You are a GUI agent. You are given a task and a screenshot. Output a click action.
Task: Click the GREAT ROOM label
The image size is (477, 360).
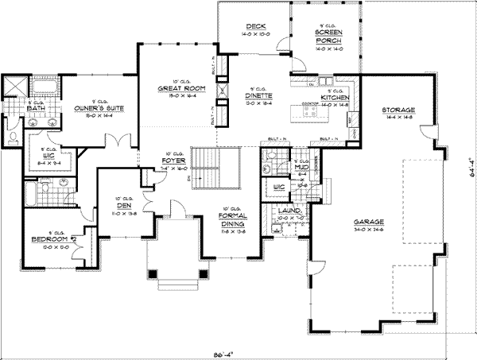tap(171, 89)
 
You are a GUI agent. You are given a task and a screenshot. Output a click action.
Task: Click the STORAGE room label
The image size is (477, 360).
tap(394, 110)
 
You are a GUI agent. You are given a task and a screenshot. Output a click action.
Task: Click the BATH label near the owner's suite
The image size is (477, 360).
tap(34, 107)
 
